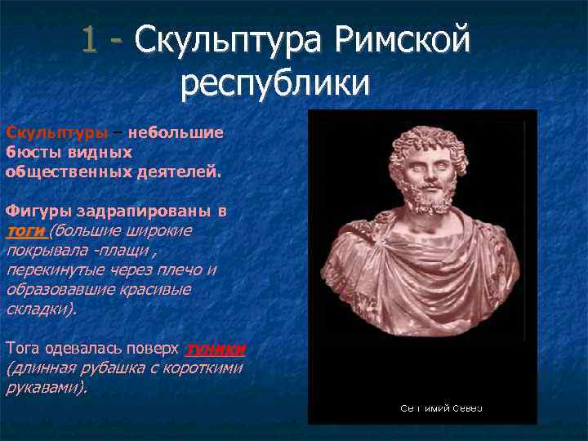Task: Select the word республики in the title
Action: click(x=276, y=82)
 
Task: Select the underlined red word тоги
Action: click(x=24, y=231)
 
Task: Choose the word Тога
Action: click(x=24, y=350)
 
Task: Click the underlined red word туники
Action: click(x=216, y=350)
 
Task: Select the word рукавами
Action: click(x=45, y=388)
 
